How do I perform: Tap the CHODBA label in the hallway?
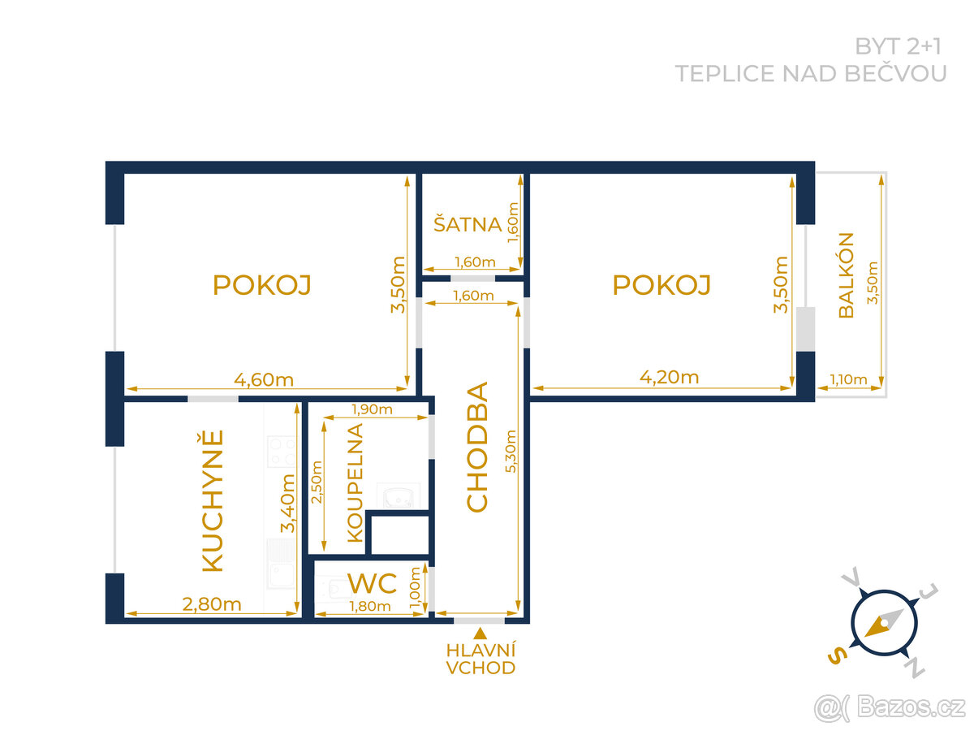click(x=477, y=447)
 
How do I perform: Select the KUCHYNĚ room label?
click(x=212, y=500)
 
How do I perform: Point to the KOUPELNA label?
click(x=355, y=483)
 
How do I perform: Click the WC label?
click(x=372, y=583)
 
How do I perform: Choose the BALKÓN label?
click(x=846, y=275)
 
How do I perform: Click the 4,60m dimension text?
click(x=264, y=380)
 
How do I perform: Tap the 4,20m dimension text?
click(x=669, y=377)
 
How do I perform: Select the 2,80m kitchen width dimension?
click(x=212, y=604)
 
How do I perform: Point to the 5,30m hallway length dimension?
click(x=511, y=451)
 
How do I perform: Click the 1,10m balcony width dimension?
click(x=848, y=379)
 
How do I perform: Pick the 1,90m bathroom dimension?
click(x=372, y=409)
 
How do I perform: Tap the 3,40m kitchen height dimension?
click(x=287, y=504)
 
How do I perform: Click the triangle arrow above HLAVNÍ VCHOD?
click(x=481, y=634)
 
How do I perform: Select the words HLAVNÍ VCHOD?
click(x=481, y=659)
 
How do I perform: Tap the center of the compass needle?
click(x=885, y=623)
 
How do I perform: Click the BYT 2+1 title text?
click(x=898, y=46)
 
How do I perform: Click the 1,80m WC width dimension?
click(x=370, y=606)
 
